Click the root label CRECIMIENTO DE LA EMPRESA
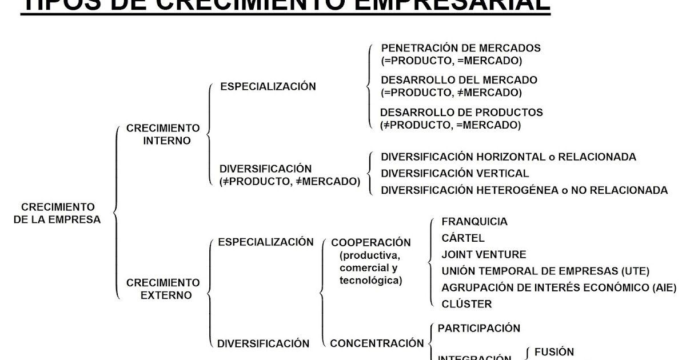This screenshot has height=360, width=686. click(58, 213)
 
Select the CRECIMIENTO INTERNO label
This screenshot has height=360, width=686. click(163, 134)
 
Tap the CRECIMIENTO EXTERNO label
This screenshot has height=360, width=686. click(163, 289)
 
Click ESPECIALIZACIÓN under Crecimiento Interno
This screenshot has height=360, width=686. click(268, 87)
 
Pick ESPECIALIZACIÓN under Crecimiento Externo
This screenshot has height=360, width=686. click(266, 242)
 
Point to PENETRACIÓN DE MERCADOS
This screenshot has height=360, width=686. click(461, 48)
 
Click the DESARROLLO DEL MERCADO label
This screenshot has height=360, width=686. click(459, 80)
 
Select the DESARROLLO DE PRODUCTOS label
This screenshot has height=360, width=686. click(462, 113)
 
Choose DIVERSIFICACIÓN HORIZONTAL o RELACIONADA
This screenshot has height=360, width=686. click(508, 157)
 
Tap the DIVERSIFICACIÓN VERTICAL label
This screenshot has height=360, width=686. click(455, 173)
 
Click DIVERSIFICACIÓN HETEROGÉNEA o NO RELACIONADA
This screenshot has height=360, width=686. click(524, 190)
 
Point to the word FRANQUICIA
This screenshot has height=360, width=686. click(474, 222)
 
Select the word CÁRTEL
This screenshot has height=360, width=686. click(463, 238)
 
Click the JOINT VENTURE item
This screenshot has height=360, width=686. click(484, 255)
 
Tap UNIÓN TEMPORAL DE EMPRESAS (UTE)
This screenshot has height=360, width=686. click(545, 271)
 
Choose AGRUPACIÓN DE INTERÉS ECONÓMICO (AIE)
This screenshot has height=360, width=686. click(559, 287)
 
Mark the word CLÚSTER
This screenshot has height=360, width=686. click(466, 304)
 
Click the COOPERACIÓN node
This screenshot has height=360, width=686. click(371, 242)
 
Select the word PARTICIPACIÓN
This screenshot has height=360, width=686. click(479, 329)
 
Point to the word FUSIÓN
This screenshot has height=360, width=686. click(554, 352)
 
